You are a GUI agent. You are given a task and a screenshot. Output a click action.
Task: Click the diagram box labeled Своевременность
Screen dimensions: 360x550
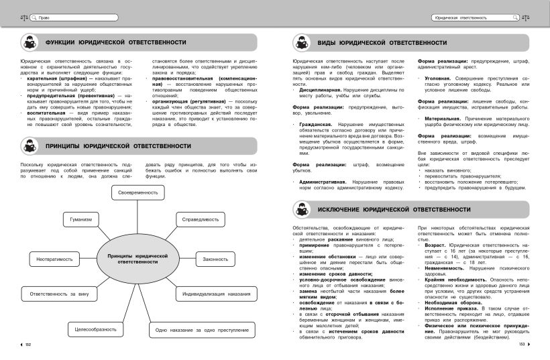(x=138, y=193)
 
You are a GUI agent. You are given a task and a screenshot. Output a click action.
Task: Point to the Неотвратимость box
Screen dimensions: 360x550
(x=55, y=259)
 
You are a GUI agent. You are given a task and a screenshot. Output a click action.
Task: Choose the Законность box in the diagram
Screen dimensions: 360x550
(x=216, y=259)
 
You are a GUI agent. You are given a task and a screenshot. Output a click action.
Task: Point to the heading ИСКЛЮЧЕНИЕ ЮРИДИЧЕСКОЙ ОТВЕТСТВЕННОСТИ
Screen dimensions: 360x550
(x=394, y=210)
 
